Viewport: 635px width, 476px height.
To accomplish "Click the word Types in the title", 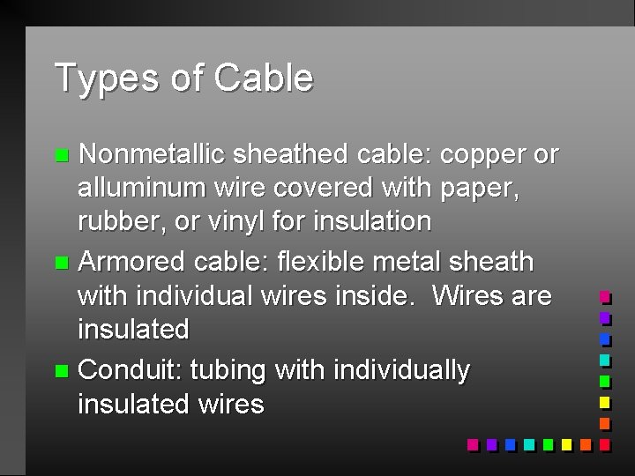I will (107, 78).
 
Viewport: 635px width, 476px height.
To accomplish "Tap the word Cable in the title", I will (263, 78).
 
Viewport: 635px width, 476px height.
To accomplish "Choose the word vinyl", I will (250, 220).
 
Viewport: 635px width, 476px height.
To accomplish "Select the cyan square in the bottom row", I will (528, 445).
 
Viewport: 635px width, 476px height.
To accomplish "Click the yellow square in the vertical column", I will (605, 403).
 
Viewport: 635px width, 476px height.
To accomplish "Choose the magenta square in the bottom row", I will (473, 445).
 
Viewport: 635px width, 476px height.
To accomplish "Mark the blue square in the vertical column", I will (605, 338).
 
